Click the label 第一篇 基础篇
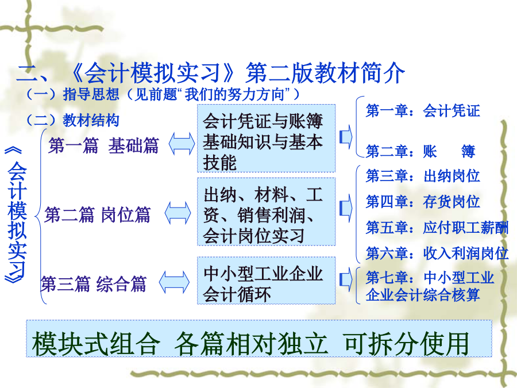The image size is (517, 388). tap(103, 145)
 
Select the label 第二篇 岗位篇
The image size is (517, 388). tap(98, 215)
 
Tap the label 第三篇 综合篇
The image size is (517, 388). tap(94, 284)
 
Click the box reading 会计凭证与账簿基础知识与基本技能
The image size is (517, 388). tap(266, 138)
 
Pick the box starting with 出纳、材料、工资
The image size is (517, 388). tap(266, 212)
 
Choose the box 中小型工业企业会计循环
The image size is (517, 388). tap(266, 281)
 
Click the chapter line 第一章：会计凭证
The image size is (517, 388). tap(423, 110)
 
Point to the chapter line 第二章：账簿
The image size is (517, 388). tap(420, 151)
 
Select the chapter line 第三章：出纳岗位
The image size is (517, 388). tap(423, 176)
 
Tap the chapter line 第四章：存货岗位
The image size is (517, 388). tap(423, 202)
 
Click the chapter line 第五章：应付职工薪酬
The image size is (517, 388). tap(437, 228)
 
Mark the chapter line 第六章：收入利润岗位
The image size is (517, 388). tap(437, 253)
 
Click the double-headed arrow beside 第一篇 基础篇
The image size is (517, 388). tap(182, 144)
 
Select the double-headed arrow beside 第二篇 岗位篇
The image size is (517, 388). tap(178, 213)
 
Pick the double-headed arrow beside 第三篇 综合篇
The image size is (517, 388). tap(174, 282)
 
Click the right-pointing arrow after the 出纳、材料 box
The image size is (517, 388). tap(346, 208)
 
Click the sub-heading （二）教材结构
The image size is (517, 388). tap(72, 120)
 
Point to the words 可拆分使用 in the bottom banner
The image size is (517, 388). tap(406, 344)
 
